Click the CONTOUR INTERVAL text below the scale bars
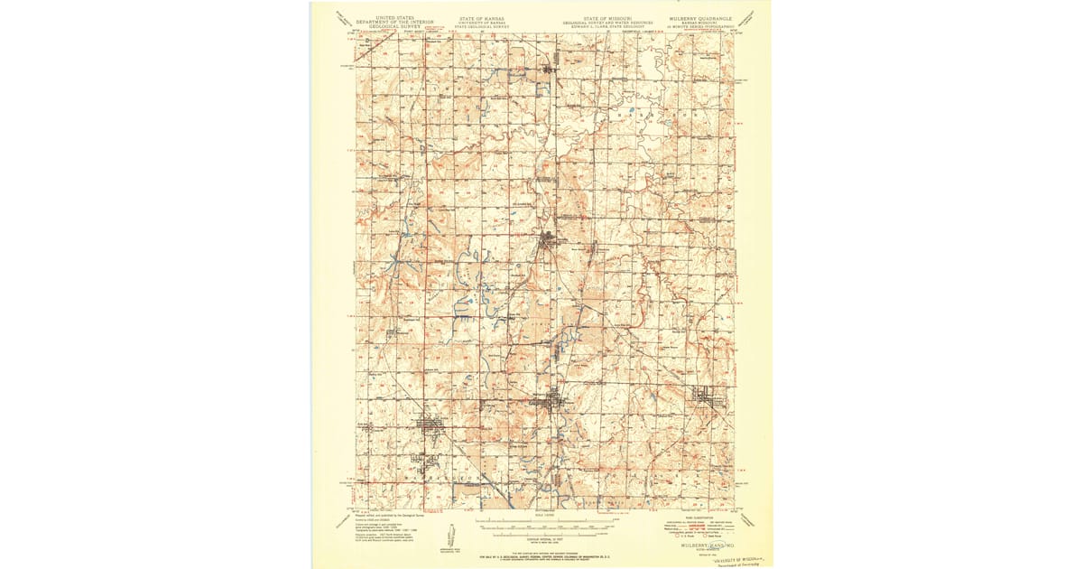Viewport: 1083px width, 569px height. click(541, 538)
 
